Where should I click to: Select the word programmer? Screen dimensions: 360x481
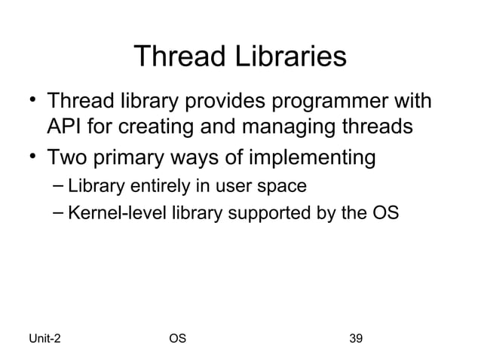point(348,101)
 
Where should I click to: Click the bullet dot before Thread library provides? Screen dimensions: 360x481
point(31,99)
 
